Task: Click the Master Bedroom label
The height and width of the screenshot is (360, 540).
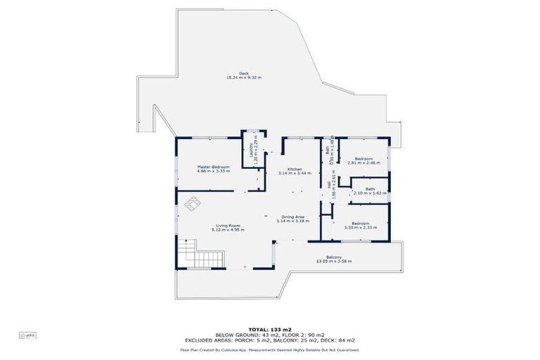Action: click(x=213, y=166)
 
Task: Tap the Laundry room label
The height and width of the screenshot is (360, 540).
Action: click(x=247, y=149)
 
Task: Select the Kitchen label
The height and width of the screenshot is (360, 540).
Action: click(x=295, y=169)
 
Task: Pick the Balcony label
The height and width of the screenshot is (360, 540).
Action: click(x=334, y=257)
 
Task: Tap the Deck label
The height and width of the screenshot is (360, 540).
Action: click(x=244, y=73)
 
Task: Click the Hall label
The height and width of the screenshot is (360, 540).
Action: click(x=328, y=184)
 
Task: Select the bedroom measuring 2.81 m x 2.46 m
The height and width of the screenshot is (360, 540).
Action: click(x=364, y=158)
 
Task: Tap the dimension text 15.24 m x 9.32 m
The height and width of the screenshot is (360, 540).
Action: click(x=244, y=77)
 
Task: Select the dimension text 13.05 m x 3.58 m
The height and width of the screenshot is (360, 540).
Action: click(x=334, y=261)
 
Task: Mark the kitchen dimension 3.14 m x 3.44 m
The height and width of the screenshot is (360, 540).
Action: click(x=295, y=173)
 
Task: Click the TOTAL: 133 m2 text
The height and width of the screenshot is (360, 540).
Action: click(x=269, y=329)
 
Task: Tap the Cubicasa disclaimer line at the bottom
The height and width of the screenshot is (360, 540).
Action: click(x=269, y=349)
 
